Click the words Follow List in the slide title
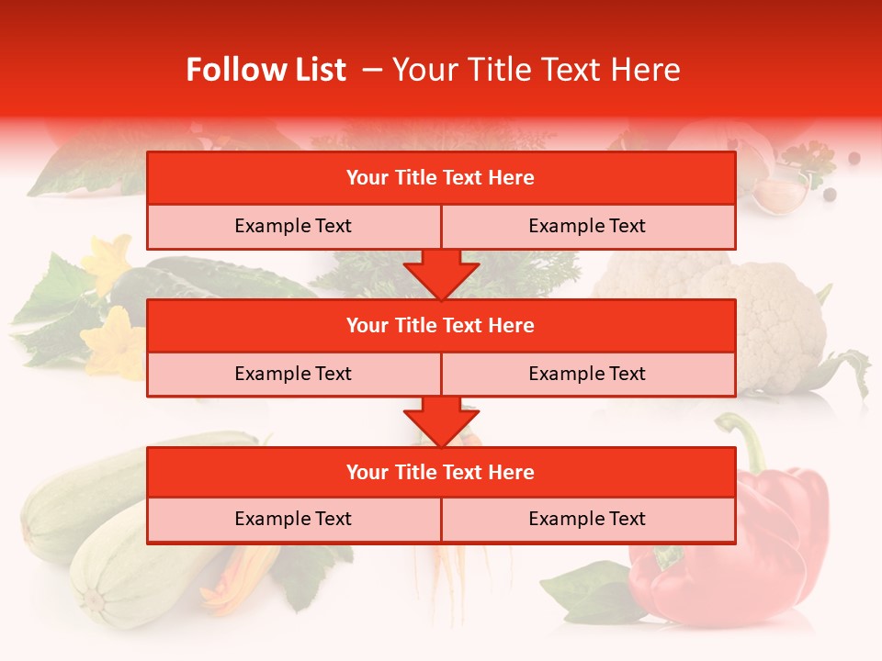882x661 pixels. [266, 70]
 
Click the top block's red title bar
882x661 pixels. [441, 178]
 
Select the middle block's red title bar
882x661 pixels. [441, 325]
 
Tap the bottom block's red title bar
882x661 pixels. [441, 472]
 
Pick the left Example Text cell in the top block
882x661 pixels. [293, 226]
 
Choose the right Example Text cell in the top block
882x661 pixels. [587, 226]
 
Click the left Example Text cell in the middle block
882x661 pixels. [293, 374]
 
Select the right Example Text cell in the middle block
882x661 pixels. [587, 374]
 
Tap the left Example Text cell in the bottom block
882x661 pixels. [293, 519]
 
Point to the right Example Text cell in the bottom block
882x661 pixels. [587, 519]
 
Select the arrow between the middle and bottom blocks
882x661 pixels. [441, 421]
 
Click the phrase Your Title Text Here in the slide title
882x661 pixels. [537, 70]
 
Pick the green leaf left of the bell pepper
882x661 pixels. [588, 588]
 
